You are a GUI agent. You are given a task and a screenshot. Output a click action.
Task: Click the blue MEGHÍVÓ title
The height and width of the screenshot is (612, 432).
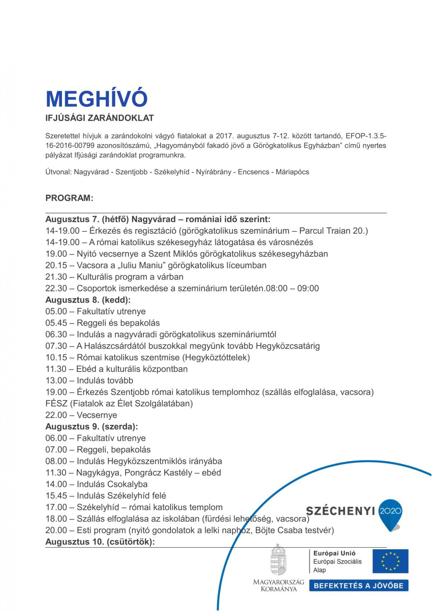point(96,99)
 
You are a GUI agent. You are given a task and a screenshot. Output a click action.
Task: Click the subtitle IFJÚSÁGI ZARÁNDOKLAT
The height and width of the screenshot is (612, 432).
point(99,118)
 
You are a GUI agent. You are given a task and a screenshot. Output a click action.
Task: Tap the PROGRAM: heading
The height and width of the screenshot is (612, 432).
point(69,198)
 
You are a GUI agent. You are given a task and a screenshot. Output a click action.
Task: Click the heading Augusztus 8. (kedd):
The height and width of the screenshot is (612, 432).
point(88,300)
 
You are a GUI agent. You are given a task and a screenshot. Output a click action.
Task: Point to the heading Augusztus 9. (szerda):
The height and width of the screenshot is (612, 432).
point(92,426)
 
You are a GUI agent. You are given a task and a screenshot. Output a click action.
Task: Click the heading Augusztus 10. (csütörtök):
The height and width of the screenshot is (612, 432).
point(100,542)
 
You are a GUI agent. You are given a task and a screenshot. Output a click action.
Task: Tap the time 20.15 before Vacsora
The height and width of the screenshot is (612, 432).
point(56,265)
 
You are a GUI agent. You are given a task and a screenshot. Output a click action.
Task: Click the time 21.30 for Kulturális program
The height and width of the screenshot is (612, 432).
point(56,277)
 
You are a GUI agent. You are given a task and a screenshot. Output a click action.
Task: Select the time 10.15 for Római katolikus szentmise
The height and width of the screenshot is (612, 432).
point(56,358)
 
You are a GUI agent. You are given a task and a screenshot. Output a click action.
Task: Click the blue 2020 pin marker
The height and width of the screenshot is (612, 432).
point(390,512)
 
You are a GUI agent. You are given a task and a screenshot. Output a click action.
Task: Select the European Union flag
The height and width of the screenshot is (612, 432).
point(390,561)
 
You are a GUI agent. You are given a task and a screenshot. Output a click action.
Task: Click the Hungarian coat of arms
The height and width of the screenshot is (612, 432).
point(278,560)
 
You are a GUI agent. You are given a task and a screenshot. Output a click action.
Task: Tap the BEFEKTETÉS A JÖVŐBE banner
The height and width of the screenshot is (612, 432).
point(359,586)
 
